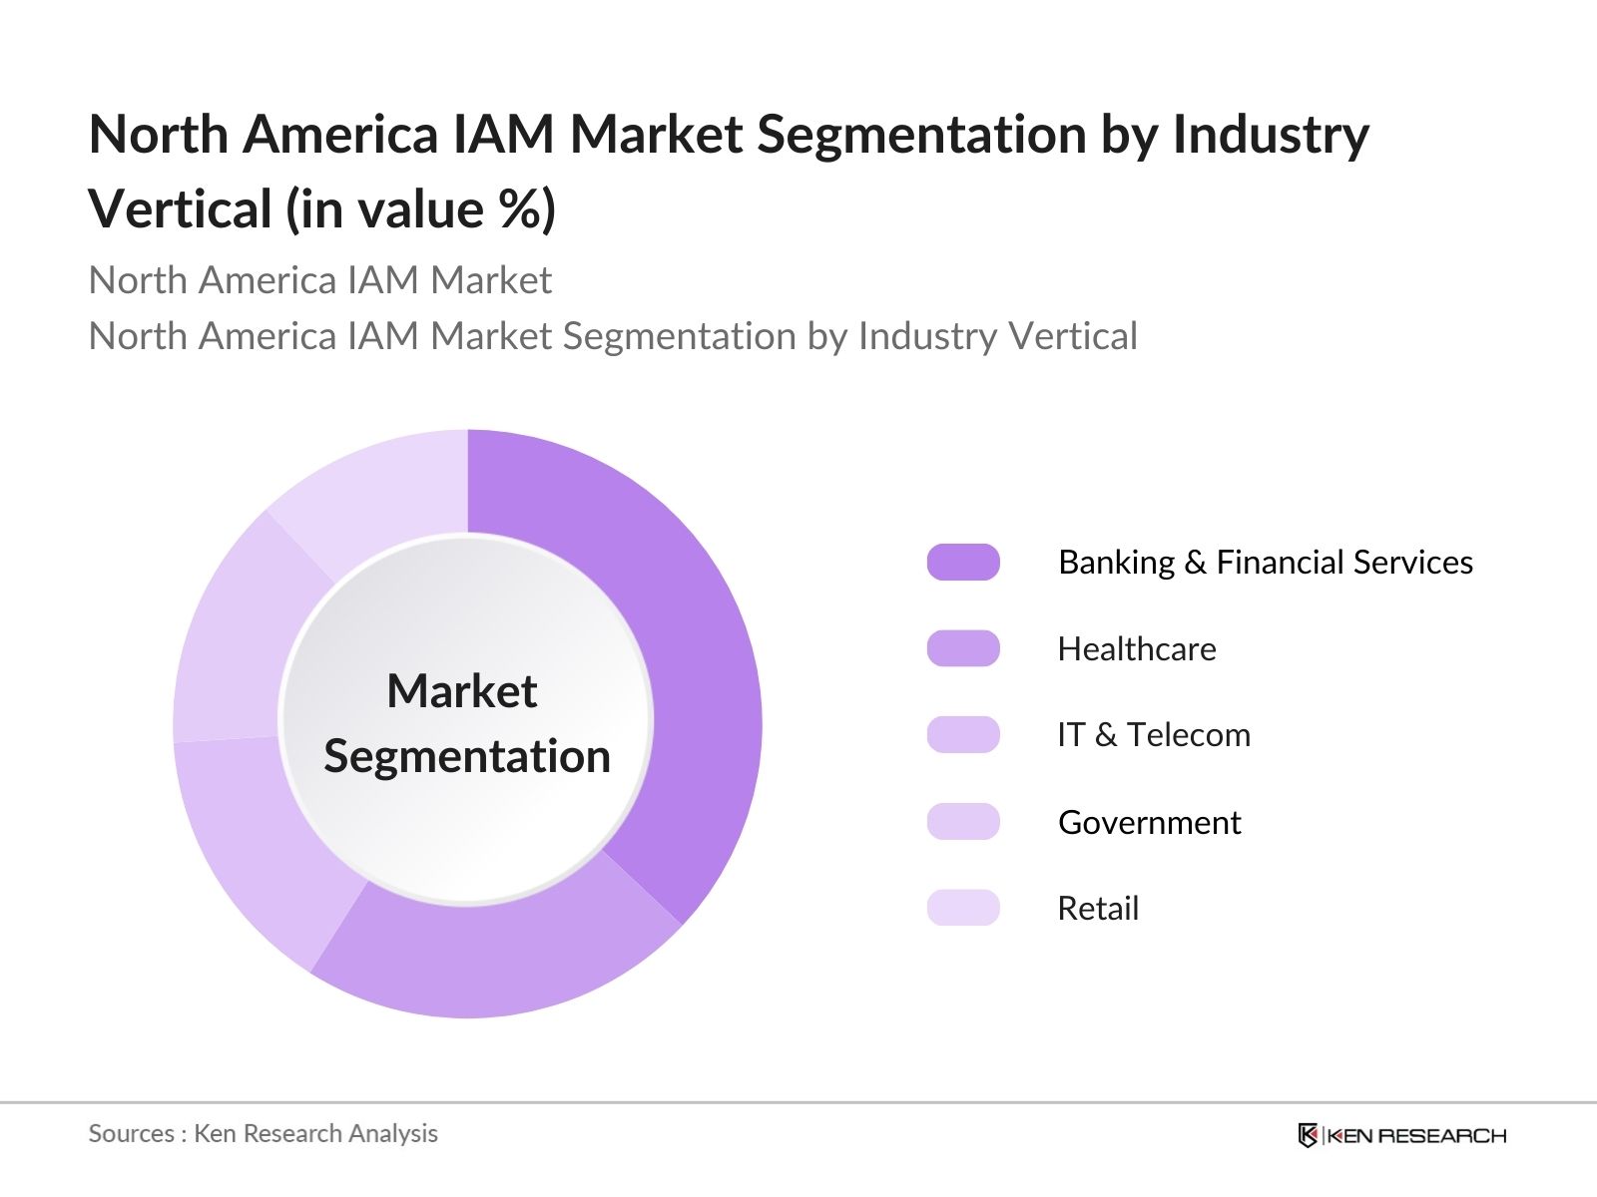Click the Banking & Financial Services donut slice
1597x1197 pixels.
[x=689, y=648]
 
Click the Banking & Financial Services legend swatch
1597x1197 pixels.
[x=963, y=563]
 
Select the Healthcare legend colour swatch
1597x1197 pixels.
[x=963, y=648]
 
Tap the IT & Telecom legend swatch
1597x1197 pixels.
[x=963, y=735]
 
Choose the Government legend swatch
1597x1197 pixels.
[x=963, y=822]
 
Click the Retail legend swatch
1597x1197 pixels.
[x=963, y=908]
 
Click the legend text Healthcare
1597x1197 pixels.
[x=1137, y=649]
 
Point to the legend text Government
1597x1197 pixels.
[x=1149, y=823]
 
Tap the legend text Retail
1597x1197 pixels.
[x=1098, y=909]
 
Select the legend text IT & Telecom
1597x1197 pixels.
[x=1153, y=736]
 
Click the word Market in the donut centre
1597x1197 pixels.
[x=462, y=691]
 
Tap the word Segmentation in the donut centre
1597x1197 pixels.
[x=467, y=756]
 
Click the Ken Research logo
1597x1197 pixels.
[x=1401, y=1135]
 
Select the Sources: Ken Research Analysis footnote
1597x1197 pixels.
[x=264, y=1134]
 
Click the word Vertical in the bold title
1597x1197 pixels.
[x=181, y=210]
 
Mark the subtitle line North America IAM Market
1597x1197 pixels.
[x=319, y=281]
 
